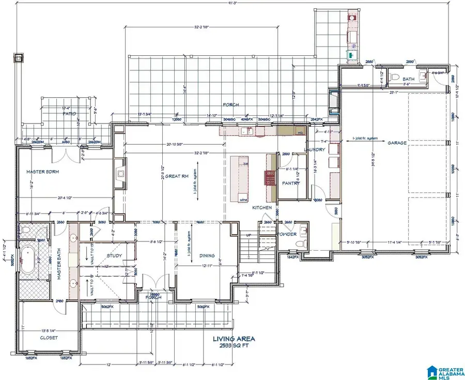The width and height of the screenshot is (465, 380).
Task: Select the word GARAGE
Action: pyautogui.click(x=397, y=143)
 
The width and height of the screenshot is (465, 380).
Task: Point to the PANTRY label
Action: pyautogui.click(x=291, y=183)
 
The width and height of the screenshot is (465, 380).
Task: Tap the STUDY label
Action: pyautogui.click(x=114, y=255)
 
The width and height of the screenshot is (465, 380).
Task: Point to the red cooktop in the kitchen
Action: pyautogui.click(x=269, y=177)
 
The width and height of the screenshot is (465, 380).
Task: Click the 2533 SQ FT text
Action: pyautogui.click(x=234, y=346)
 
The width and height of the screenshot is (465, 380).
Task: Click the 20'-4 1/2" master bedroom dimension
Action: pyautogui.click(x=66, y=197)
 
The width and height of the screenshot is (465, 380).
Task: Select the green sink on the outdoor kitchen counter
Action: pyautogui.click(x=351, y=54)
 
